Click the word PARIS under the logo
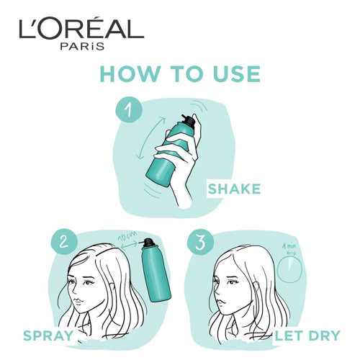click(82, 46)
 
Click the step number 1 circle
click(129, 110)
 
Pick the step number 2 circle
click(64, 241)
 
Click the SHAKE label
click(234, 189)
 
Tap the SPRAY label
click(48, 336)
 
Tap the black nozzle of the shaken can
click(189, 120)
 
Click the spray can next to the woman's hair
click(155, 270)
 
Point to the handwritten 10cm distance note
click(127, 236)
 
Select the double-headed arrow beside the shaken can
click(150, 138)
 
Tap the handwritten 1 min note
click(289, 246)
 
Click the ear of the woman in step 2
click(112, 289)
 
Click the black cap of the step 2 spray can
click(149, 242)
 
